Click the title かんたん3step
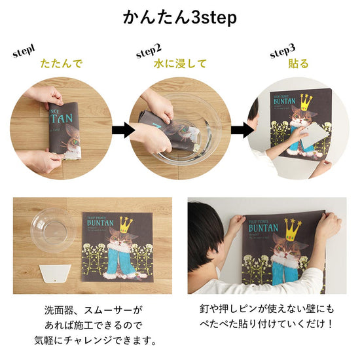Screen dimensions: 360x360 [x=179, y=17]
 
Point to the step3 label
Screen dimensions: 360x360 [x=283, y=51]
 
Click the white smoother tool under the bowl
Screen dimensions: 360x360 [x=53, y=274]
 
